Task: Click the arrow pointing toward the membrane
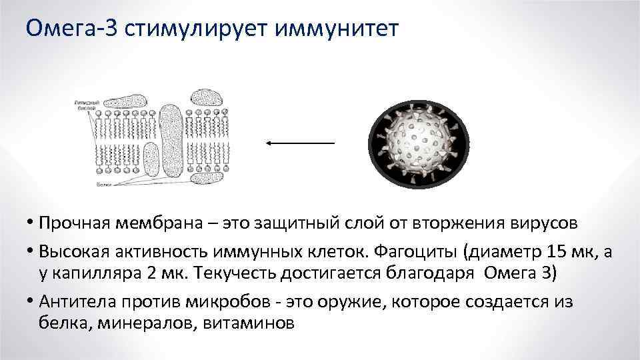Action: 299,143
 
